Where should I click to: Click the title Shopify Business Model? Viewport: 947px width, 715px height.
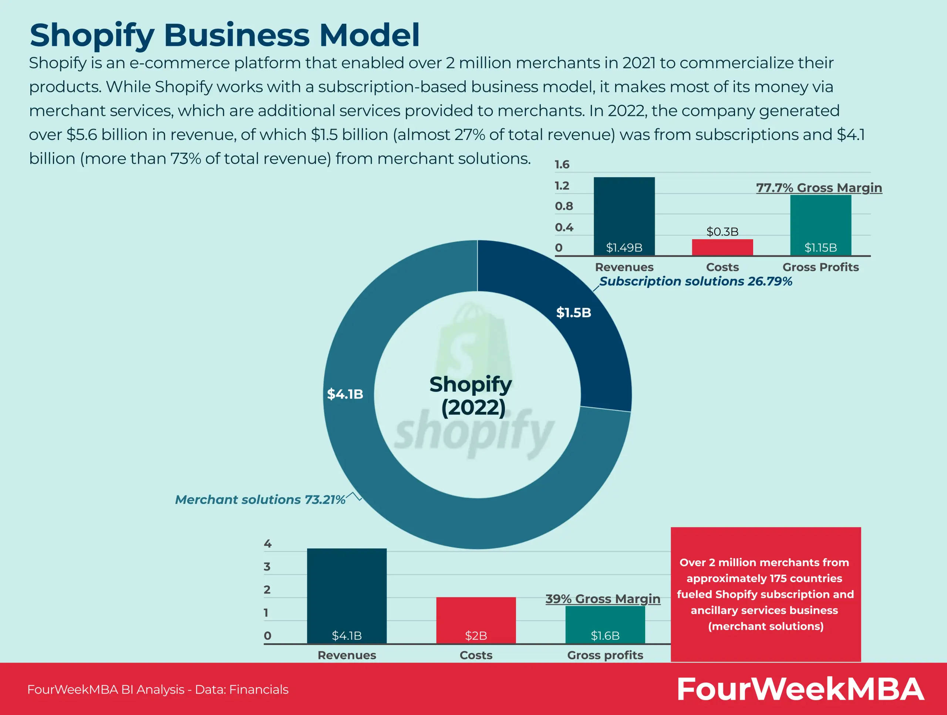(x=224, y=35)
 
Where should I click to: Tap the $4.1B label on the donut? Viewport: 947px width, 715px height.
(x=345, y=394)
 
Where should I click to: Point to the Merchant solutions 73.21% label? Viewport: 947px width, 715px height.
(x=260, y=500)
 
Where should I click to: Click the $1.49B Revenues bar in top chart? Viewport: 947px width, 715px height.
(x=624, y=214)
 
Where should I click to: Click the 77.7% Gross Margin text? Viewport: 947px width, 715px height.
(x=819, y=188)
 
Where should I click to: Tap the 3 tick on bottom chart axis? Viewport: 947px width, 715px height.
(x=267, y=567)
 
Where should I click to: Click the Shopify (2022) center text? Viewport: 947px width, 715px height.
(x=471, y=395)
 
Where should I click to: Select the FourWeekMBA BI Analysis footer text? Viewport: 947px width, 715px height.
(x=158, y=689)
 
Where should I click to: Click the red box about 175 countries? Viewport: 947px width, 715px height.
(x=765, y=594)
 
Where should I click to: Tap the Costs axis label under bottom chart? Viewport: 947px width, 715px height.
(x=476, y=655)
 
